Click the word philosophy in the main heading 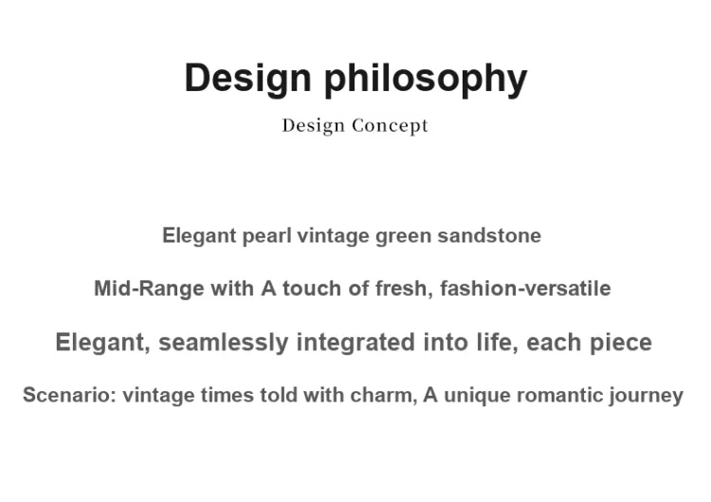(426, 79)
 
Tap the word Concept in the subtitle (390, 125)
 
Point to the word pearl (266, 236)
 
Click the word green (403, 236)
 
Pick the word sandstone (489, 235)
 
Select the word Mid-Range (149, 288)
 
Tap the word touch (312, 288)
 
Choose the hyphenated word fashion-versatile (525, 288)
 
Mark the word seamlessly (224, 343)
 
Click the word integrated (355, 343)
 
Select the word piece (621, 343)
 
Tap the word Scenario (70, 395)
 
